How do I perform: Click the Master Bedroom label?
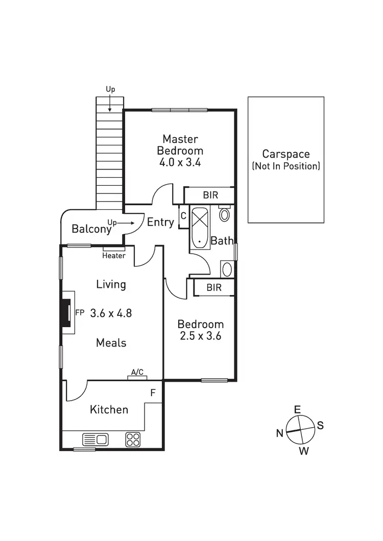click(180, 144)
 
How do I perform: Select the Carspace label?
click(286, 154)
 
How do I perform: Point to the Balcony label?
click(91, 229)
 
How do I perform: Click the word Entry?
click(160, 223)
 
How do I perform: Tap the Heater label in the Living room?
click(114, 256)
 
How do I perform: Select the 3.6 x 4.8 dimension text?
click(111, 313)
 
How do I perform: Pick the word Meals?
click(111, 343)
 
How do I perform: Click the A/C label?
click(137, 373)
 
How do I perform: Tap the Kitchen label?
click(109, 409)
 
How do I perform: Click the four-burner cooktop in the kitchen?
click(133, 439)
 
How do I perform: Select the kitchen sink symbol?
click(95, 439)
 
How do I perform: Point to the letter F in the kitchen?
click(152, 393)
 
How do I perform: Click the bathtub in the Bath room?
click(199, 227)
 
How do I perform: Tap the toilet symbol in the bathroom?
click(224, 214)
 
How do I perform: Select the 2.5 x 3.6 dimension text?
click(200, 336)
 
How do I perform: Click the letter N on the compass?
click(280, 433)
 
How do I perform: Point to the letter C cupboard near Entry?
click(183, 216)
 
